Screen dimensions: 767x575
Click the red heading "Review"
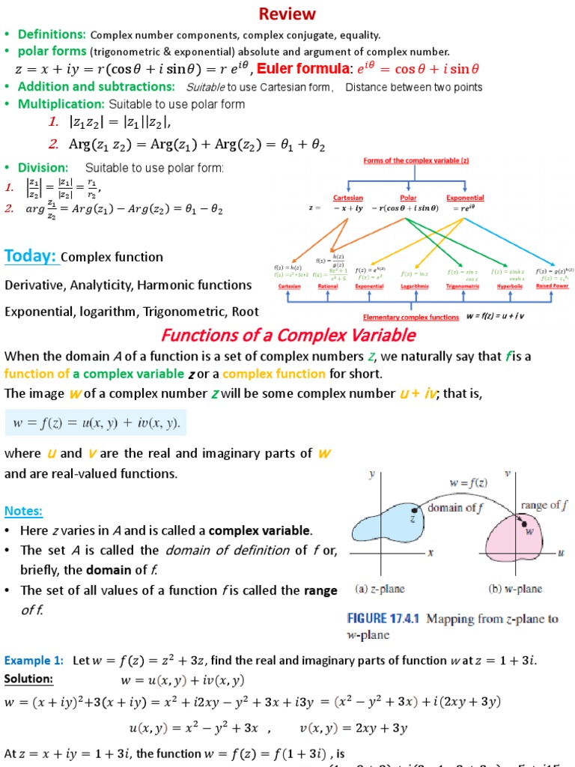[x=287, y=14]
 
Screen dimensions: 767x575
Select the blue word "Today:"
[x=31, y=256]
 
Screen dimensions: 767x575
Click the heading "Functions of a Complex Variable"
[x=288, y=334]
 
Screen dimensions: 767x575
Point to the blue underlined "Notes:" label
[x=23, y=511]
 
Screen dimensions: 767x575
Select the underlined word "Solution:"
[x=28, y=679]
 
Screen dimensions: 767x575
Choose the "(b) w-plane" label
[x=515, y=589]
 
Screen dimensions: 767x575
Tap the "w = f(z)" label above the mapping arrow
[x=469, y=483]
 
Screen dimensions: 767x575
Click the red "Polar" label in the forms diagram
[x=409, y=198]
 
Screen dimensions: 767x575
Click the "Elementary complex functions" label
[x=410, y=317]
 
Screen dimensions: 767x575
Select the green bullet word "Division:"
[x=43, y=167]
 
